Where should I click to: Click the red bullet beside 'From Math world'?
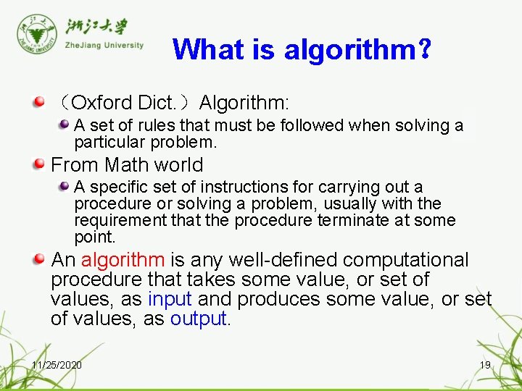(x=40, y=164)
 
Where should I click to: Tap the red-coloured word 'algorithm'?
(x=123, y=260)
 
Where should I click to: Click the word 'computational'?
(x=406, y=260)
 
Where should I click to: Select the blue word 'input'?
(x=170, y=299)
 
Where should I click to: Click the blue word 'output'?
(x=199, y=319)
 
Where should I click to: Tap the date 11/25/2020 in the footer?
(x=57, y=365)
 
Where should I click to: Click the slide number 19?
(x=485, y=365)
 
